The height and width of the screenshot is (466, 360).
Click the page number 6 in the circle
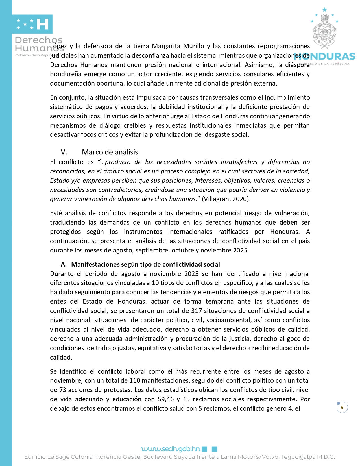click(342, 407)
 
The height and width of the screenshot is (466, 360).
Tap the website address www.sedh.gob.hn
click(171, 449)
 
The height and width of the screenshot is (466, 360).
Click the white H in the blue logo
click(43, 24)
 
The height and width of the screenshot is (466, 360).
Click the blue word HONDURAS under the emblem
click(325, 56)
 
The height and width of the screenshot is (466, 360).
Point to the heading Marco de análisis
click(110, 152)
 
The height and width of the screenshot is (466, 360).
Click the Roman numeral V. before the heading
click(64, 152)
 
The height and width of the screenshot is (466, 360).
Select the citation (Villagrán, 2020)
click(226, 199)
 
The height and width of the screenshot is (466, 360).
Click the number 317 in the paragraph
click(196, 311)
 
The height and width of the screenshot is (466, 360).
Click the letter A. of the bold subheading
click(64, 264)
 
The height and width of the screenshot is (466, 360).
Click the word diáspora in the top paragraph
click(297, 65)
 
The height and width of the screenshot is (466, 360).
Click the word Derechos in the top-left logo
click(39, 40)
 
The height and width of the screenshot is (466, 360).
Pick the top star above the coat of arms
click(324, 10)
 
